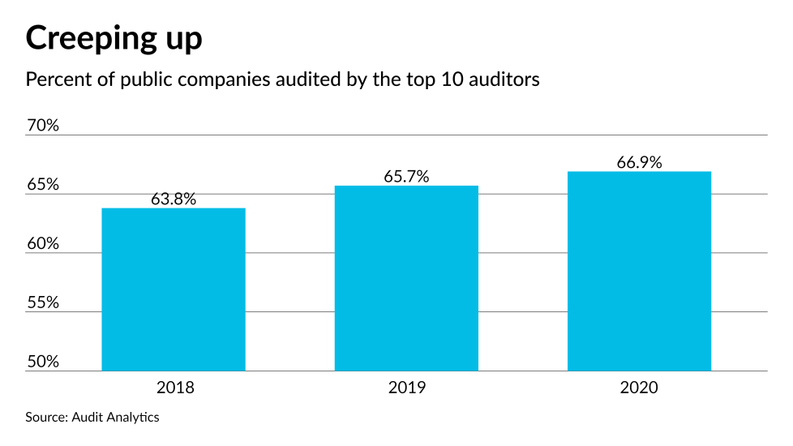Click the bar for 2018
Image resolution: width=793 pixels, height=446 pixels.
click(173, 289)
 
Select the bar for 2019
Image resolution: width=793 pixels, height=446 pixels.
click(406, 278)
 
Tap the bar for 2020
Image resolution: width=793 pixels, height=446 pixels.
click(639, 271)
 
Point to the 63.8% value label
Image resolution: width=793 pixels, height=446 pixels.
click(173, 199)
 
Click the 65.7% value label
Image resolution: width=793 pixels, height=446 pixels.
click(406, 176)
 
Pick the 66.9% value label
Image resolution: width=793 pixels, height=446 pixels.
click(639, 162)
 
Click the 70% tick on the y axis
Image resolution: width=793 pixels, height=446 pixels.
click(43, 126)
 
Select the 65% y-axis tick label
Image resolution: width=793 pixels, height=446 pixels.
click(43, 185)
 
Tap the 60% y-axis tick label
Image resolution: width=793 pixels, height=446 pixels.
click(43, 243)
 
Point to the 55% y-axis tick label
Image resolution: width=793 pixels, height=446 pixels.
click(43, 302)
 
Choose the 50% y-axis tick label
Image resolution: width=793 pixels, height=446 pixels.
click(43, 362)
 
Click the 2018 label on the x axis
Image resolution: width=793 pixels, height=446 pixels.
click(173, 388)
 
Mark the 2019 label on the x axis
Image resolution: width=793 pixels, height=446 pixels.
click(406, 388)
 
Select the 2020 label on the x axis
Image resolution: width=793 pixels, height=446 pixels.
click(639, 388)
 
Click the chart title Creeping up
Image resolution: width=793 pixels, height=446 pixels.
click(114, 39)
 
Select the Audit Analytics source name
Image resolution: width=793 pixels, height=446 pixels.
click(114, 417)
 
